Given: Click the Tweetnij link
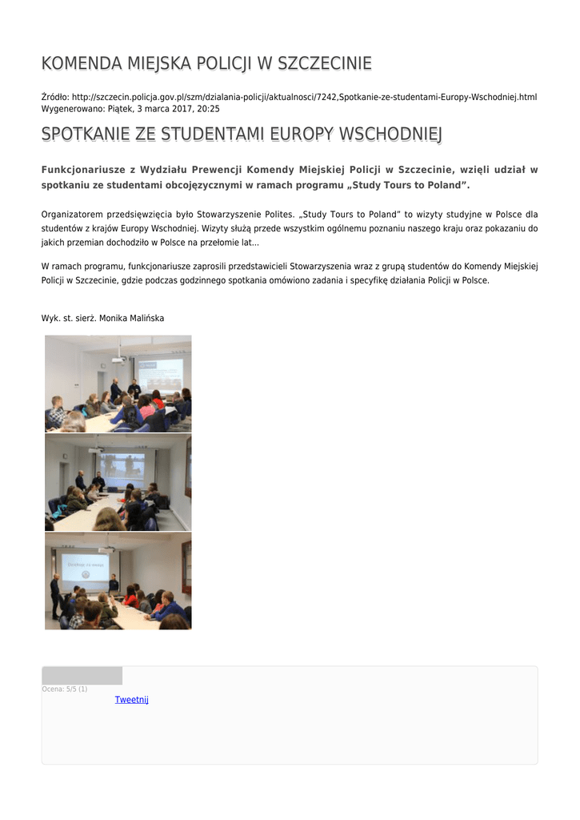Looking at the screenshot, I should point(131,700).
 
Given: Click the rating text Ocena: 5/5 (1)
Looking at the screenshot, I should point(65,689).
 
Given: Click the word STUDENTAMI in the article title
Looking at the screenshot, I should point(214,135).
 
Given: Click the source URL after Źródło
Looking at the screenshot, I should point(304,97).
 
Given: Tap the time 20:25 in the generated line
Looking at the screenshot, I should point(208,108).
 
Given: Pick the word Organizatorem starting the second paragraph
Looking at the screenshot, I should point(71,215).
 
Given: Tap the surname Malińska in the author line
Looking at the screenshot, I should point(146,319).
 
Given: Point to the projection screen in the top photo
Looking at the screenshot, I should point(159,375).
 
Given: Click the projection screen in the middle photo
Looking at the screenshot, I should point(122,470).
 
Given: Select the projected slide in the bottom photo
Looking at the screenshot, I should point(85,565).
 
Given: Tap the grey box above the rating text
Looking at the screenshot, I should point(82,675).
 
